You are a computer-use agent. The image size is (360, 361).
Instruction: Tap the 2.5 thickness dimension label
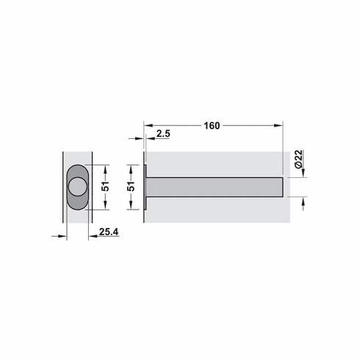(165, 135)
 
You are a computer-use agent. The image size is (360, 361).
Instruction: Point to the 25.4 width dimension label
(109, 232)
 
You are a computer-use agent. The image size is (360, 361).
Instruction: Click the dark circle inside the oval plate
(76, 186)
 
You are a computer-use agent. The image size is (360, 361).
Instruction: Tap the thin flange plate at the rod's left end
(145, 187)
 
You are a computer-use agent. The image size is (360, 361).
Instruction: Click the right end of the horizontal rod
(281, 187)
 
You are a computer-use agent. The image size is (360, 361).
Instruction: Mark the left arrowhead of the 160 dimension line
(148, 126)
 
